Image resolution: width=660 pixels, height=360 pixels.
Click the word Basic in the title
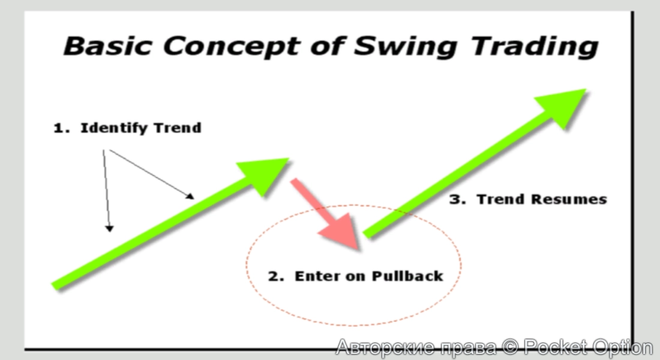tap(107, 46)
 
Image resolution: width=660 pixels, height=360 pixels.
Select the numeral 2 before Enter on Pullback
tap(274, 277)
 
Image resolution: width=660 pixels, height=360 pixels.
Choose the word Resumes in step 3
tap(569, 199)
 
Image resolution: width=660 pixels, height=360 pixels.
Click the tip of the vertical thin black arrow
tap(109, 232)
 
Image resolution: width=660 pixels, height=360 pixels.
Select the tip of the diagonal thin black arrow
tap(194, 199)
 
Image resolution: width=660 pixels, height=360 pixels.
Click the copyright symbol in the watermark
tap(510, 347)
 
